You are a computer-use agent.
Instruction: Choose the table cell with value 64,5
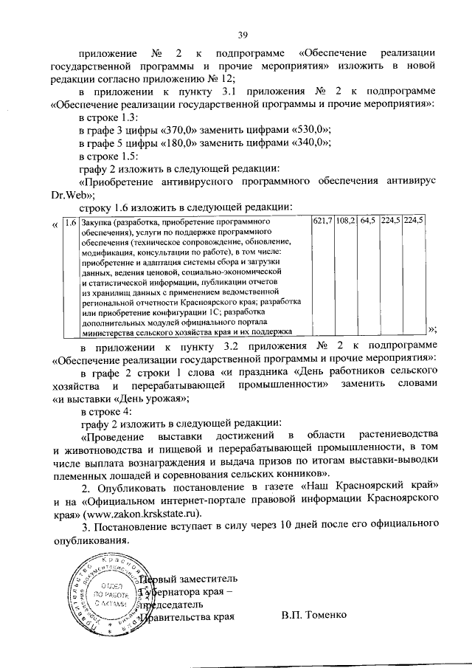(x=367, y=221)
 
